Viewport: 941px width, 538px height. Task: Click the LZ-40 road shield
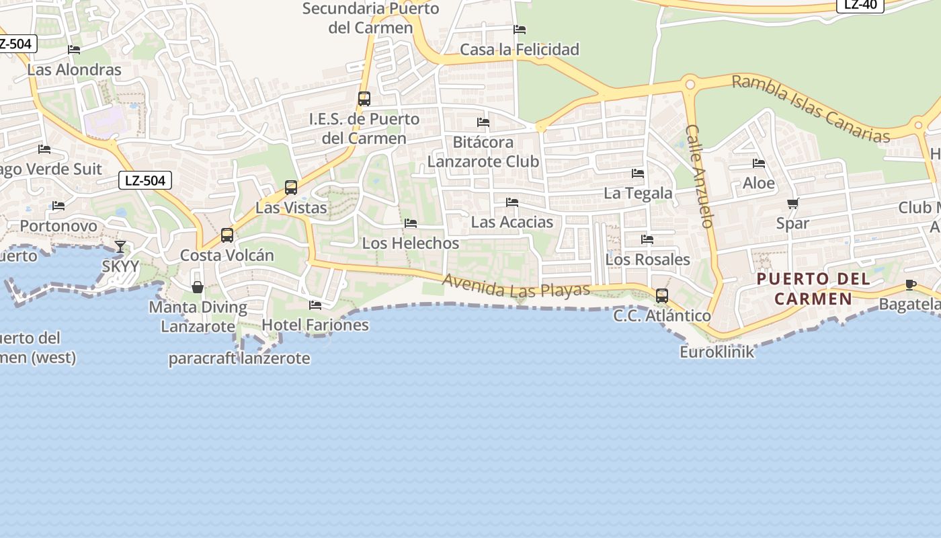click(860, 5)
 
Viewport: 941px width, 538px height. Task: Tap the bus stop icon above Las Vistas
click(291, 188)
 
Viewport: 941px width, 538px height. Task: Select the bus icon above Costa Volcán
click(227, 235)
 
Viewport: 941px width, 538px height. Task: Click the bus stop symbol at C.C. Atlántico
click(662, 296)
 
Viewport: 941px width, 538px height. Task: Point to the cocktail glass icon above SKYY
click(120, 247)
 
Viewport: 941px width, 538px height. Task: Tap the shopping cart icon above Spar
click(792, 204)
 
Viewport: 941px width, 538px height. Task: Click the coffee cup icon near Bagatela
click(911, 285)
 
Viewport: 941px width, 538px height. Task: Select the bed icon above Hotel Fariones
click(315, 305)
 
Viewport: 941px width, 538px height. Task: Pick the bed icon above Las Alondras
click(74, 50)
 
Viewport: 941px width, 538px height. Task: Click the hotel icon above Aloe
click(759, 163)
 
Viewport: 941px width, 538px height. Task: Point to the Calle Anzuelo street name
click(700, 176)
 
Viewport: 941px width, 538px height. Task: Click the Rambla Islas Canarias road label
click(811, 108)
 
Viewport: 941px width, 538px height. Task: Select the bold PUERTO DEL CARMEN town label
click(813, 289)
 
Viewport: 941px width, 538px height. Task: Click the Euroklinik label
click(717, 352)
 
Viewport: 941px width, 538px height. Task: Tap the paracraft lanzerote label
click(239, 358)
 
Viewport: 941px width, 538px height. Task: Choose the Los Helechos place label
click(411, 243)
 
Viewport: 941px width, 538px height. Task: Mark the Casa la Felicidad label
click(520, 49)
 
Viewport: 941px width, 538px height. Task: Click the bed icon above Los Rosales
click(647, 239)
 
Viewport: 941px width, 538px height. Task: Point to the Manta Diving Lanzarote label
click(198, 317)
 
